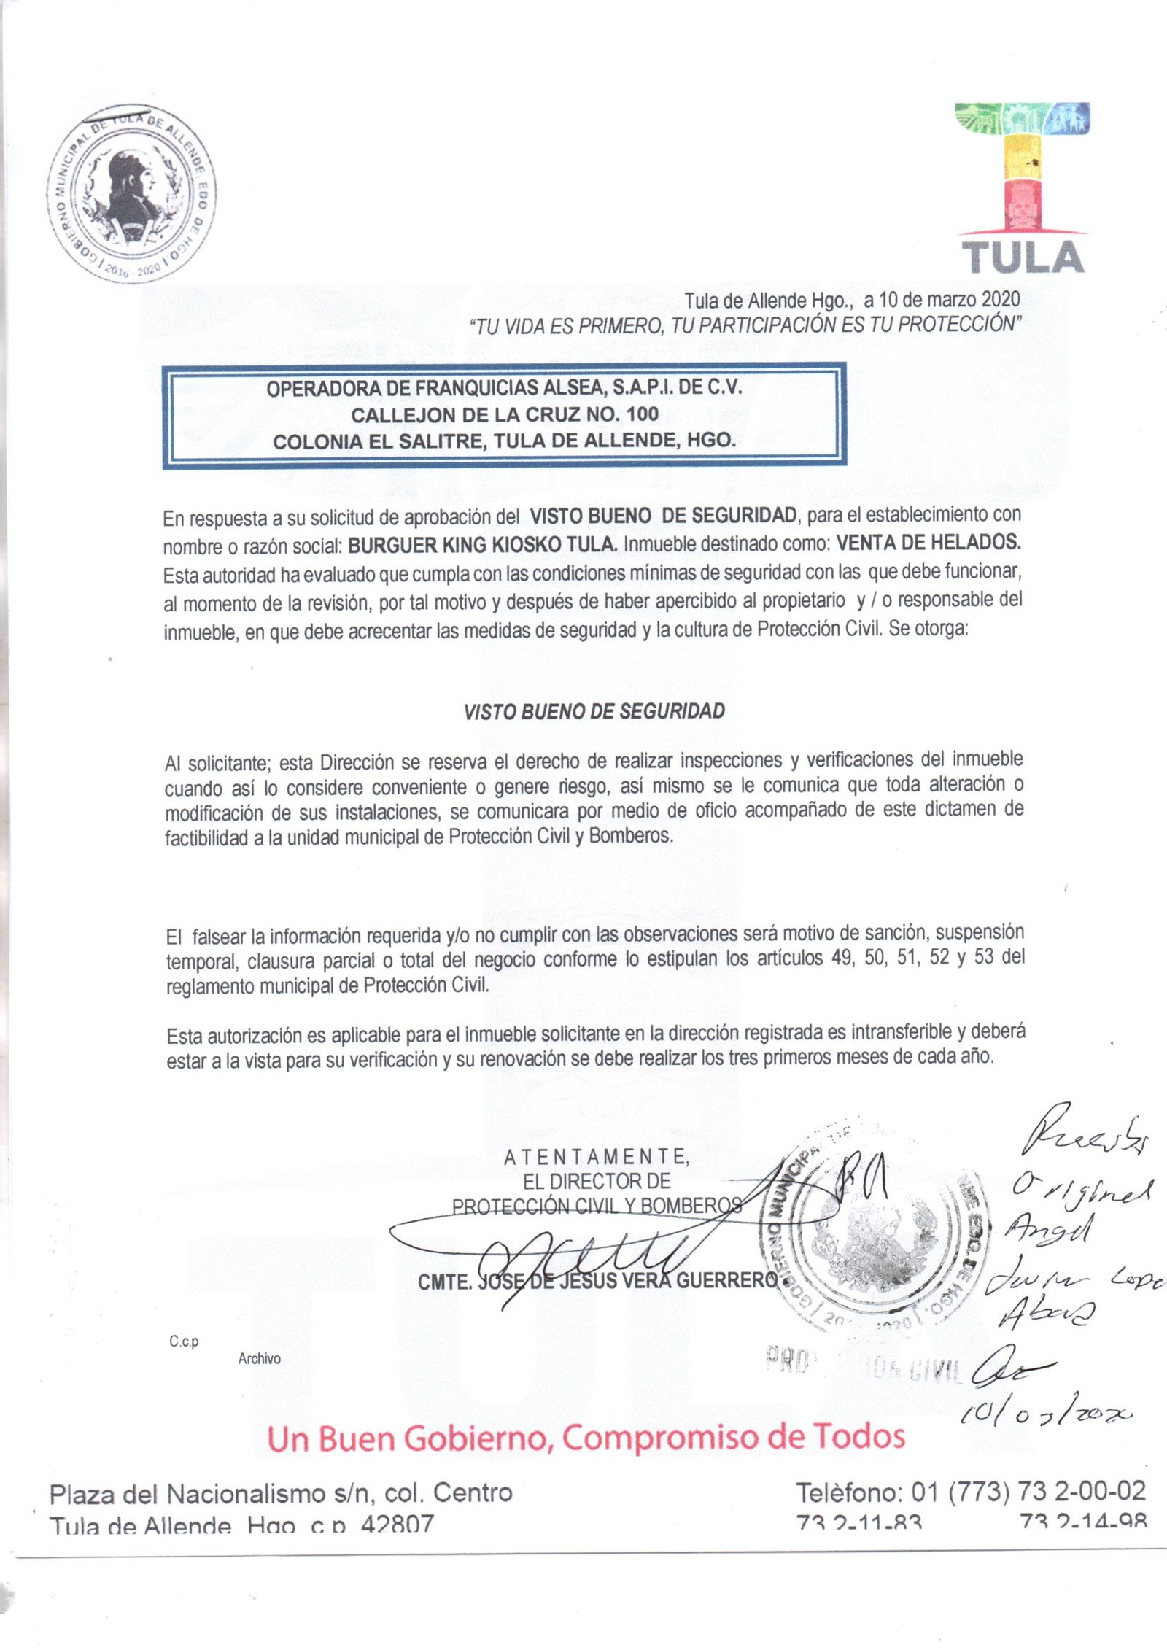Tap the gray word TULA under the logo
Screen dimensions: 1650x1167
click(1023, 257)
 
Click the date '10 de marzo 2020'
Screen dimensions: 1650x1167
click(950, 299)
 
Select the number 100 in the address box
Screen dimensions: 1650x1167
click(642, 414)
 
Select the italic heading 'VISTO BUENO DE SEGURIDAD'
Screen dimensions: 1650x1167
click(594, 711)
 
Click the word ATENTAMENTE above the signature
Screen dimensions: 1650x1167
click(596, 1156)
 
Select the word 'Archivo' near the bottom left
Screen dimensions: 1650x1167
click(259, 1358)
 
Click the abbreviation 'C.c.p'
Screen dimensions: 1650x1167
click(184, 1341)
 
